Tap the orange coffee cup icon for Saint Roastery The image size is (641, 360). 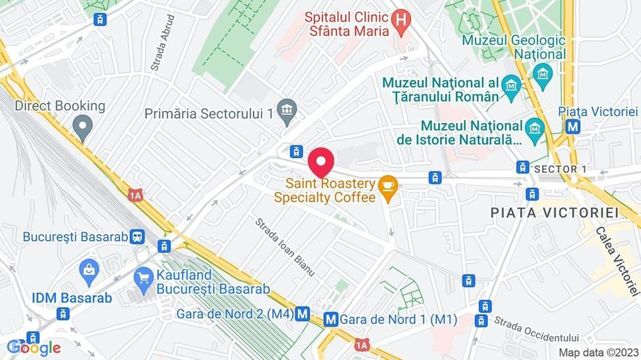coord(388,185)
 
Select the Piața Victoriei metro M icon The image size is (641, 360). coord(573,126)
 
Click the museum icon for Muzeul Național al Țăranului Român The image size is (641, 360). coord(510,86)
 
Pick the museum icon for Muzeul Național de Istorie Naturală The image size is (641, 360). coord(534,127)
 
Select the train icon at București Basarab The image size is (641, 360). coord(137,236)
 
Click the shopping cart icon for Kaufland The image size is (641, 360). coord(144,277)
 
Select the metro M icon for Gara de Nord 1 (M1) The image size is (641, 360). coord(331,318)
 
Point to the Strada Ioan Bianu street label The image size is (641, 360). coord(285,247)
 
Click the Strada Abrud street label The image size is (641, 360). coord(163,43)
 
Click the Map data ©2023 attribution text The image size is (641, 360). coord(597,352)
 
